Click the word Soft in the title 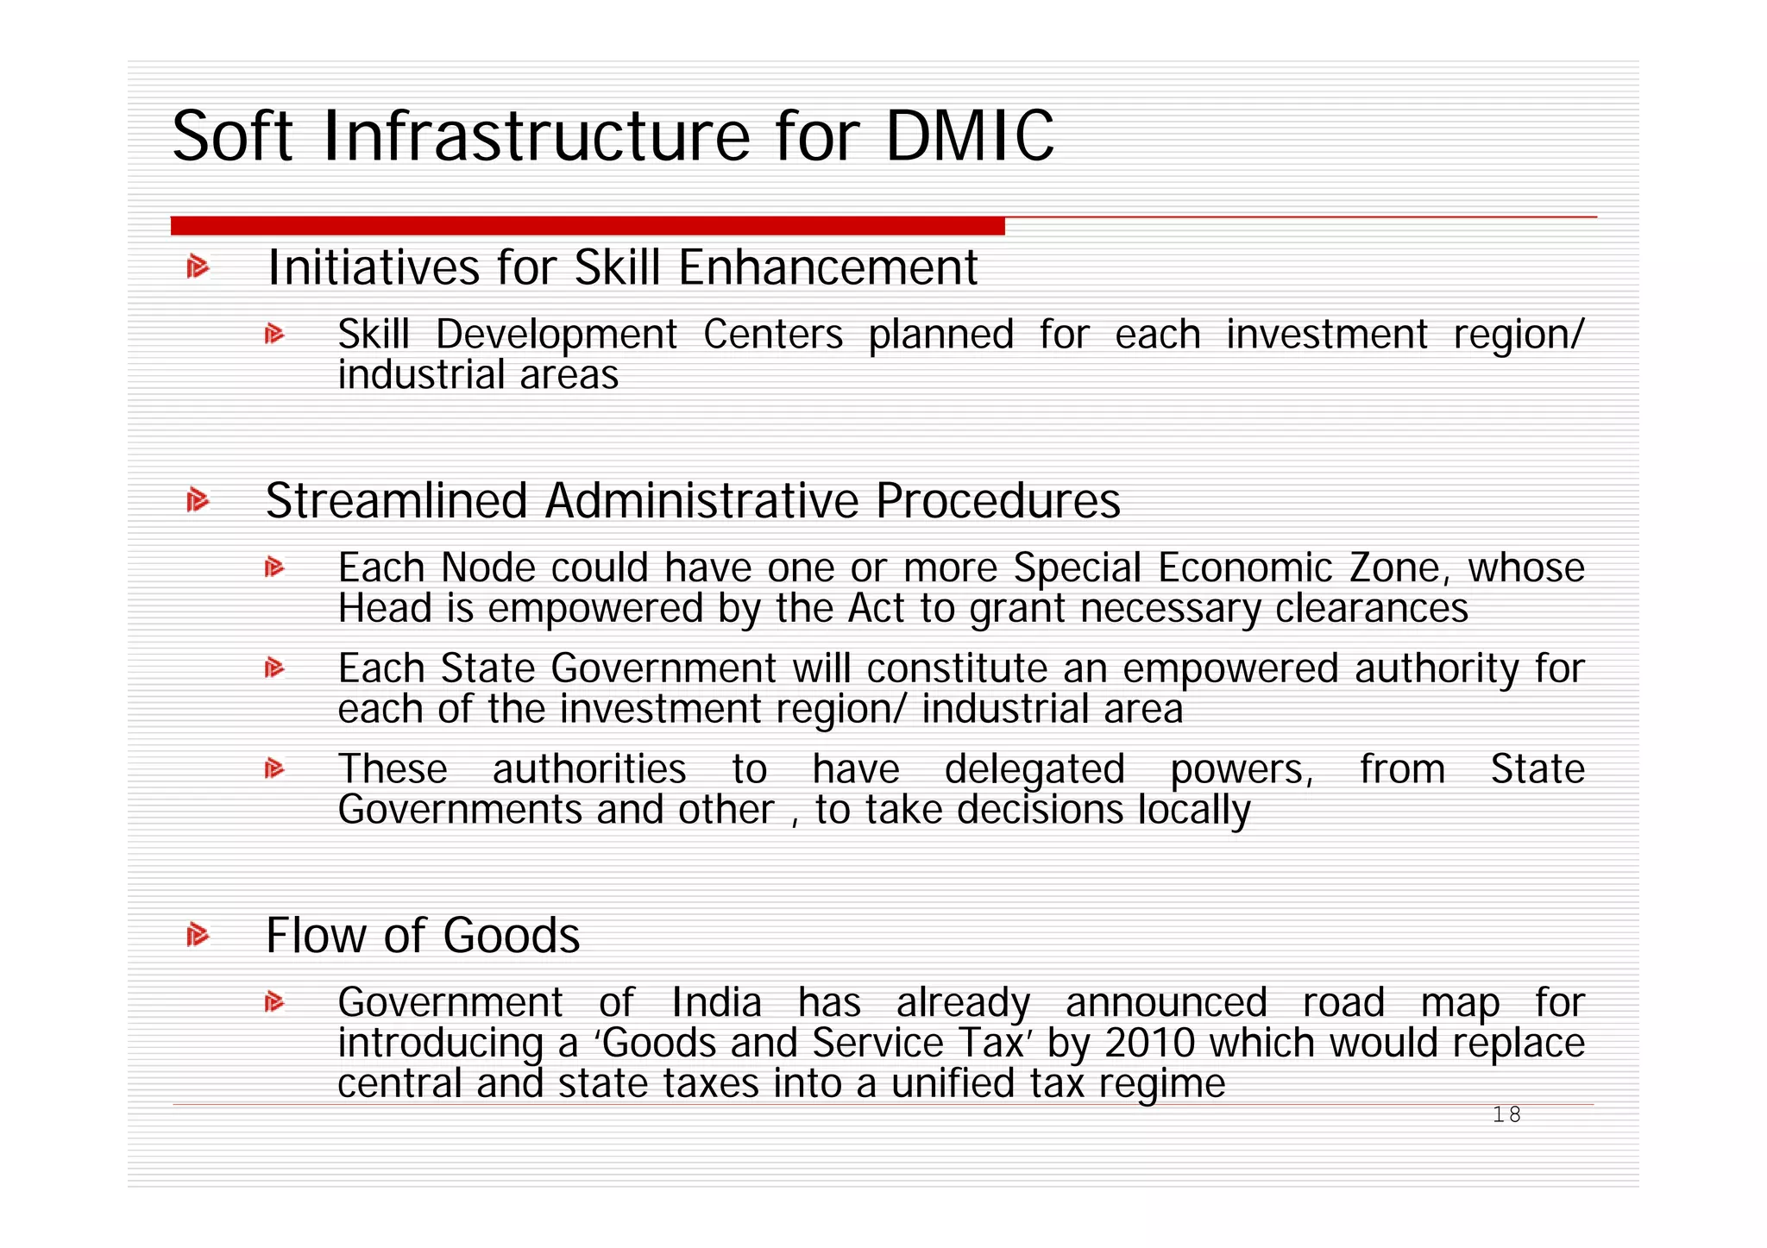pos(233,136)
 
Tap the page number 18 pos(1506,1115)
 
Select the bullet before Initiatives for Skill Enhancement pos(198,267)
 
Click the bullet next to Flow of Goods pos(198,935)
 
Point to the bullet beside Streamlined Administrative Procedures pos(198,500)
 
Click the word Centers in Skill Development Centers pos(773,335)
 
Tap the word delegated pos(1034,769)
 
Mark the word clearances pos(1371,609)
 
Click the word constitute pos(956,668)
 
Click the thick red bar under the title pos(588,226)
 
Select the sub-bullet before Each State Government pos(274,668)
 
